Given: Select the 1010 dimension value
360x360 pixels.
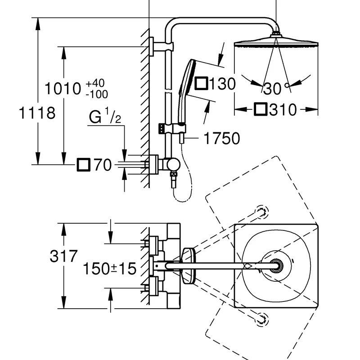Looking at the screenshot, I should pos(63,89).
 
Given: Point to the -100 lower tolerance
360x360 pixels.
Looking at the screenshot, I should pos(96,94).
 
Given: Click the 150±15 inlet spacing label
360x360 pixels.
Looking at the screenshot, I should pos(109,269).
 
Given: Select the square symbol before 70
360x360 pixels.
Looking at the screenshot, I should pos(83,165).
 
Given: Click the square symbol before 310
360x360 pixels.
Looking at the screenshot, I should pos(261,109).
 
